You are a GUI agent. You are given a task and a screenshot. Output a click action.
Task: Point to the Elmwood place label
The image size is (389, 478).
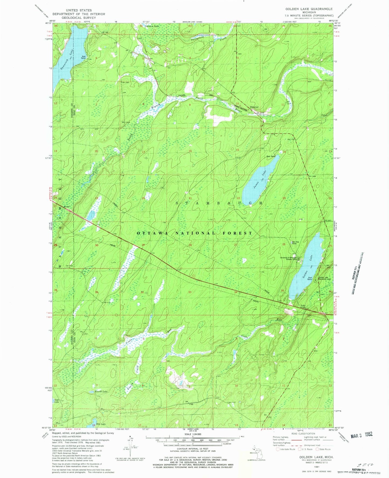[254, 107]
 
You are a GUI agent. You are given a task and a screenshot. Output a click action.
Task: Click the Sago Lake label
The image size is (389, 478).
[56, 401]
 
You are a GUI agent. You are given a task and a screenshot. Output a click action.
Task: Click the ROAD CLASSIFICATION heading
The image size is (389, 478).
[302, 434]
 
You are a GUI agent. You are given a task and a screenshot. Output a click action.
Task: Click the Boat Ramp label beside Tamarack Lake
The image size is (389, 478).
[84, 57]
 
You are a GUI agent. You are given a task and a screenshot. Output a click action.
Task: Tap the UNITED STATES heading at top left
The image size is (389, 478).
[79, 10]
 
